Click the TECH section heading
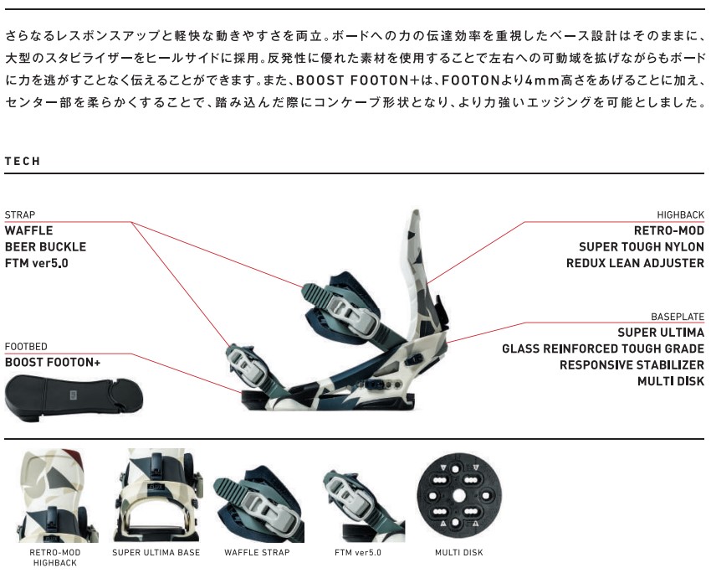23,161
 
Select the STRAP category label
20,214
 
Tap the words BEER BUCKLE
45,247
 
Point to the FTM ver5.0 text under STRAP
36,263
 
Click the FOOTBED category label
26,347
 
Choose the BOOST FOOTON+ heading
53,363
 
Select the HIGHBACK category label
681,214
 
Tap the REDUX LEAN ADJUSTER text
635,263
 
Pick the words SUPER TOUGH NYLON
642,247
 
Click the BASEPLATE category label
678,317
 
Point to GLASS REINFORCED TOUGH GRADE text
603,348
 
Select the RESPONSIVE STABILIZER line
632,365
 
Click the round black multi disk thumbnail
459,495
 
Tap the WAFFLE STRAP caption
257,553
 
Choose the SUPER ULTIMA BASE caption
156,553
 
